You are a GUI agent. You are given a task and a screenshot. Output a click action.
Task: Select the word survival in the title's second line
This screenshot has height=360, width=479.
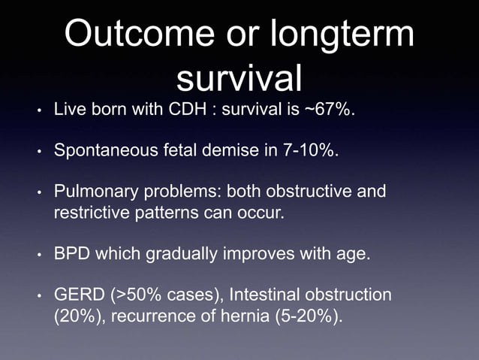coord(239,78)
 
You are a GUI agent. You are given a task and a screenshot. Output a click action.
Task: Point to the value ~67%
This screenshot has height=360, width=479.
coord(328,112)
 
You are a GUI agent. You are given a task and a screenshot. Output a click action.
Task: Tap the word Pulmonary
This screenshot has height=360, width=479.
coord(91,192)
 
